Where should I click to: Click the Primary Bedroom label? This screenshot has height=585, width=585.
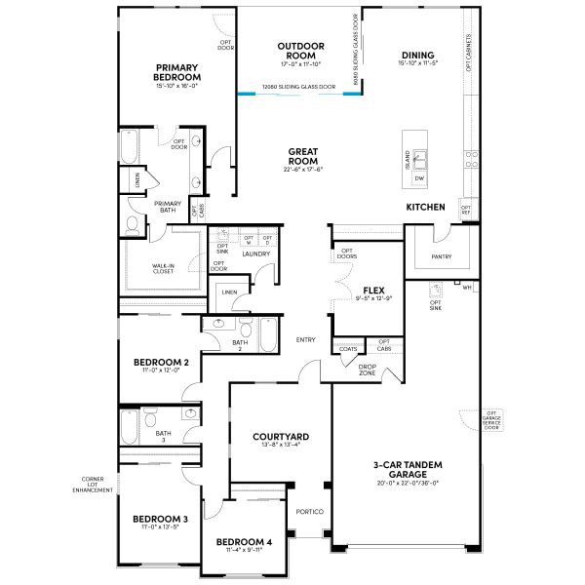tap(176, 72)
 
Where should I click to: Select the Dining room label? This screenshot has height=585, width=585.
tap(416, 55)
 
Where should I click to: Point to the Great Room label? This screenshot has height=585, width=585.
tap(304, 156)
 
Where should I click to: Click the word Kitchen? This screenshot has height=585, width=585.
tap(426, 207)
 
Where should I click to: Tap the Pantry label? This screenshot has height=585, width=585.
tap(441, 256)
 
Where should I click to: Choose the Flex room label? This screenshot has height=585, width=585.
tap(371, 291)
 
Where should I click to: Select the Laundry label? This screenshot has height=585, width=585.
tap(256, 253)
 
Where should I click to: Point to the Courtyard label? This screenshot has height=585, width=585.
tap(281, 437)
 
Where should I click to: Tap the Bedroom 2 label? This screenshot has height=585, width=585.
tap(161, 362)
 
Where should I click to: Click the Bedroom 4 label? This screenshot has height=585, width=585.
tap(244, 541)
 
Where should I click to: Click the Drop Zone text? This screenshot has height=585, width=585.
tap(367, 370)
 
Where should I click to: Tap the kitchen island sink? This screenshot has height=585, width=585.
tap(419, 158)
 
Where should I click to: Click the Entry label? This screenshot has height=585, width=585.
tap(306, 339)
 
